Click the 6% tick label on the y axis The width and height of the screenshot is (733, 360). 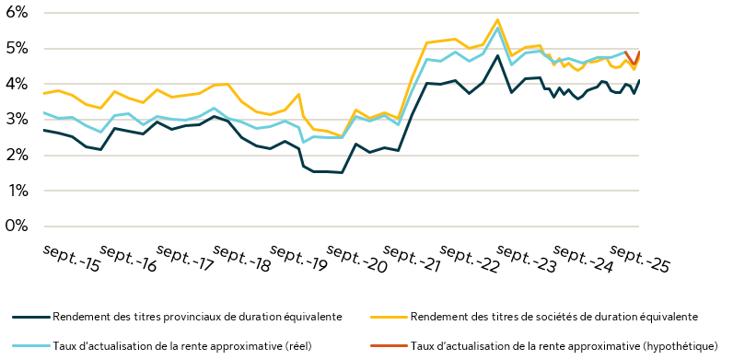17,13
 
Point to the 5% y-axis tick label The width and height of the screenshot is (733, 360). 17,49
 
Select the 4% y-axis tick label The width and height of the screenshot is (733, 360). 17,84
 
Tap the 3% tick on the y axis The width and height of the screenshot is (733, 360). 17,120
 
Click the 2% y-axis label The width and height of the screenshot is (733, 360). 17,156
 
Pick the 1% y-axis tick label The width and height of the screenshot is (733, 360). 17,192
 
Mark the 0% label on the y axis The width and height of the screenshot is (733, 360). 17,226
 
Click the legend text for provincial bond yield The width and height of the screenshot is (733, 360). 197,317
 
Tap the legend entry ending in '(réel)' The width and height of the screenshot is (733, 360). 194,346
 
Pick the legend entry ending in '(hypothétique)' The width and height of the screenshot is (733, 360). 564,346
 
